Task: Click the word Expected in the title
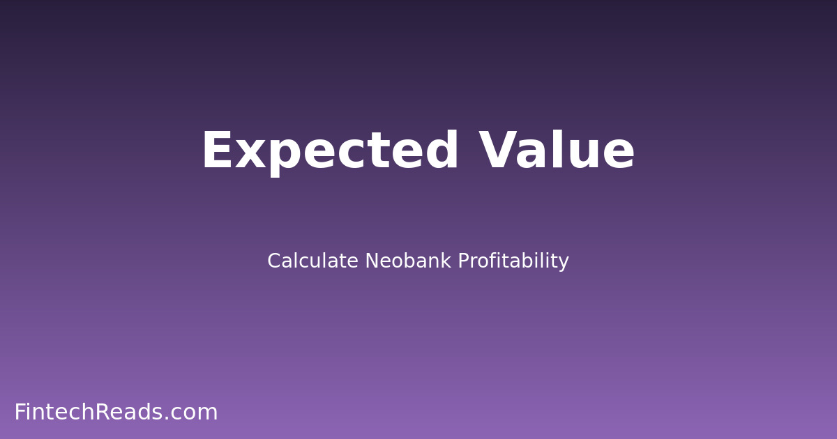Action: (x=330, y=152)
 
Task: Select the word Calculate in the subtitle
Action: (x=312, y=261)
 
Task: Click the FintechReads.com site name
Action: (x=116, y=413)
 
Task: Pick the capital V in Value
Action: (x=499, y=152)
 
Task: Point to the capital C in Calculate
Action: (x=274, y=261)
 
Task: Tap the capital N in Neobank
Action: (x=372, y=261)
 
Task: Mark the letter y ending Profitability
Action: (x=564, y=264)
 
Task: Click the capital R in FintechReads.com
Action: (x=103, y=413)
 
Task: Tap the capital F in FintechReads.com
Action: (x=20, y=413)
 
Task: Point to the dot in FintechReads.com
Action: (x=166, y=419)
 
